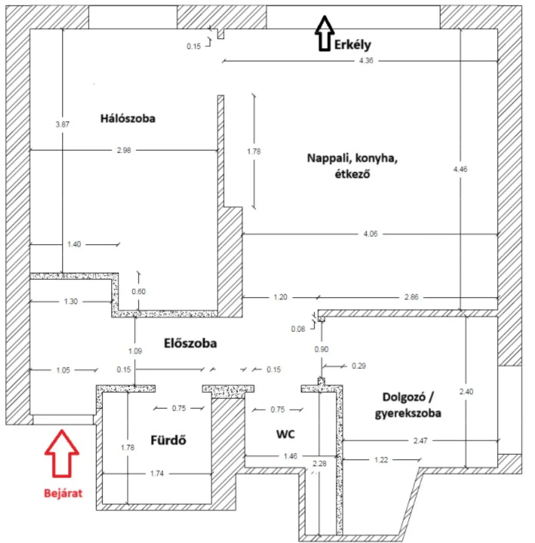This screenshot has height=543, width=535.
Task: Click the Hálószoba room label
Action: click(x=128, y=118)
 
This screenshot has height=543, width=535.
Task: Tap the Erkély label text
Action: click(x=352, y=45)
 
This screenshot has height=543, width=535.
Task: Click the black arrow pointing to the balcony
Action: click(x=324, y=34)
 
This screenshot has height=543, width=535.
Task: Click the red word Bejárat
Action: click(x=63, y=493)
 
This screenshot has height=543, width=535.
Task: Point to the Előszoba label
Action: click(x=190, y=343)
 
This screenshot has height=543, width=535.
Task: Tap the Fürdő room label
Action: click(x=168, y=440)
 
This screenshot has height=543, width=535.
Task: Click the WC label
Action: click(x=286, y=434)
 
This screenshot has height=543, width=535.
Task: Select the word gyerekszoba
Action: click(x=408, y=413)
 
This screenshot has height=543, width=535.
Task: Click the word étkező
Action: click(x=352, y=174)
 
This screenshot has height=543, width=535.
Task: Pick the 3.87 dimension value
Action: click(x=62, y=124)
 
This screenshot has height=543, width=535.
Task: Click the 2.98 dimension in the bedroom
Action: click(x=124, y=150)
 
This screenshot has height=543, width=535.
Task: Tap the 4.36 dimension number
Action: click(x=366, y=60)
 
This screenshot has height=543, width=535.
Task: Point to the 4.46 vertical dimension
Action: click(x=460, y=169)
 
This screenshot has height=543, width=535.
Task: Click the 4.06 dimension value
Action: click(x=371, y=234)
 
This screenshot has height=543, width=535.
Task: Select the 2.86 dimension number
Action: click(x=411, y=297)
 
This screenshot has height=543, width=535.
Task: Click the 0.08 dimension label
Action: click(x=298, y=329)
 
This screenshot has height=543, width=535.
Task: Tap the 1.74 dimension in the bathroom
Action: click(x=157, y=474)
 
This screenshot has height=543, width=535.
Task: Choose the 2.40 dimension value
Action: click(x=466, y=392)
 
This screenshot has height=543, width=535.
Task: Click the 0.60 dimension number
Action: click(x=138, y=292)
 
